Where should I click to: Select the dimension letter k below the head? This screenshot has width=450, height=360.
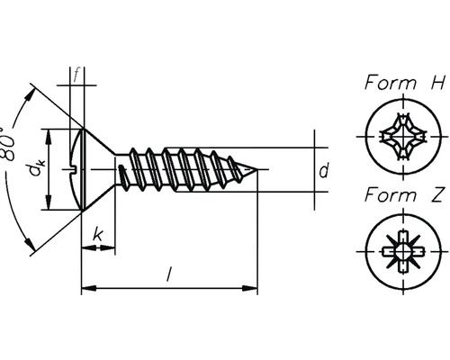(96, 237)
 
